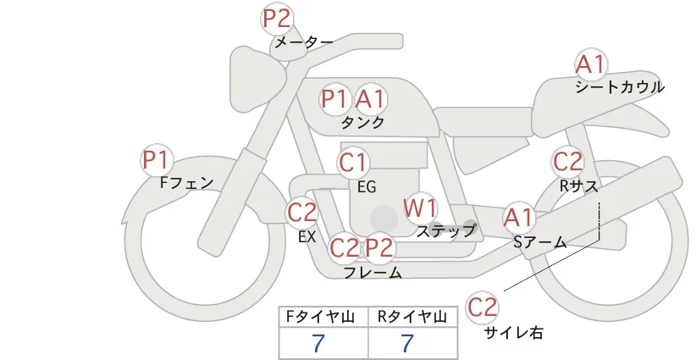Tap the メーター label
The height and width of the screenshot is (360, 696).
point(302,42)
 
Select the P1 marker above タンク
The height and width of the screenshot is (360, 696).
point(334,99)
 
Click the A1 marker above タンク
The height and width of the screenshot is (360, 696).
point(370,99)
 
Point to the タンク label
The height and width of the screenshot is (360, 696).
point(362,122)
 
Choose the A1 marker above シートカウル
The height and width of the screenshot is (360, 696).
point(590,64)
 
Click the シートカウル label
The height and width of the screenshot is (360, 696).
point(620,86)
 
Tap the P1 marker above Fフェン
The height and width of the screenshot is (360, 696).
point(157,159)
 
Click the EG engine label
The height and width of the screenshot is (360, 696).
point(367,186)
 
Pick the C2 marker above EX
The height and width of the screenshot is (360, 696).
point(301,212)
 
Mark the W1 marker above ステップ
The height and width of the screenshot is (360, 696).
point(420,208)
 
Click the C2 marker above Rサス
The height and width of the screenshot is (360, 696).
point(567,161)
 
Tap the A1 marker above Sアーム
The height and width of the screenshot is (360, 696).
point(518,218)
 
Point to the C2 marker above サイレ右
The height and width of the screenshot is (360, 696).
point(483,307)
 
